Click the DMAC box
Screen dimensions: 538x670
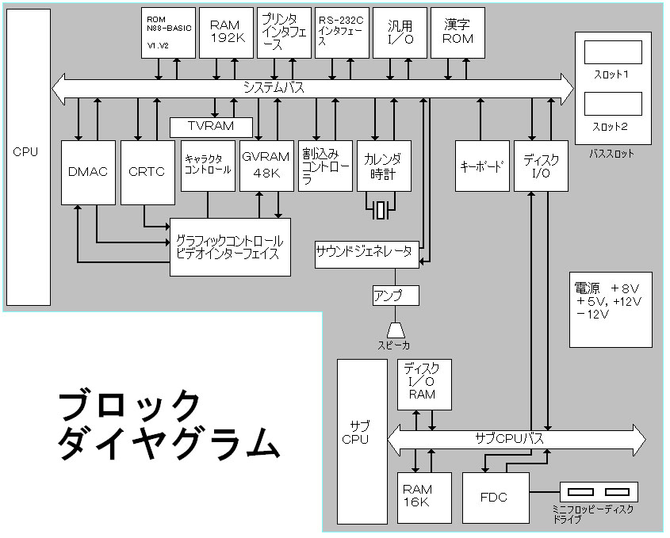pos(89,172)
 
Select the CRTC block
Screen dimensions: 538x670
pos(147,172)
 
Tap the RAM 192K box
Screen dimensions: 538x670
pos(226,32)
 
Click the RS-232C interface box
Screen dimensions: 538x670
pos(343,32)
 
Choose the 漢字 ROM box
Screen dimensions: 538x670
pos(458,32)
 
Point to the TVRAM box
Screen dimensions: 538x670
pos(212,127)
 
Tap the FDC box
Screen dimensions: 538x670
pos(494,498)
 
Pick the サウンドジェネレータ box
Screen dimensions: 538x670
pos(365,253)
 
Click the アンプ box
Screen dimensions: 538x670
pos(395,296)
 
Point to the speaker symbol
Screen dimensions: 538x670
pos(395,328)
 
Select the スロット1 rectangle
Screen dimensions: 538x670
pos(612,54)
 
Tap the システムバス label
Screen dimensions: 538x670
pos(274,87)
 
